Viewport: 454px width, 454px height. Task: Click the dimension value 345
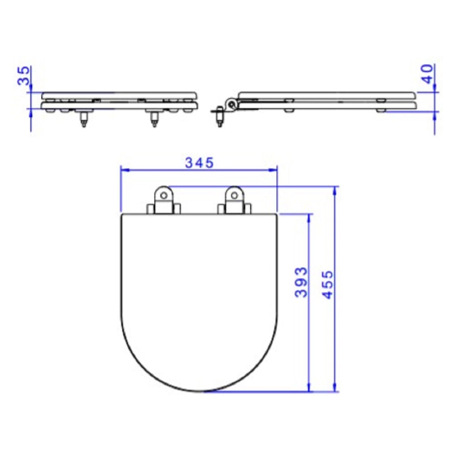199,163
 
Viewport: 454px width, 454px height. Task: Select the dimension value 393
301,282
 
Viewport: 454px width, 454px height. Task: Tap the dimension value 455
328,285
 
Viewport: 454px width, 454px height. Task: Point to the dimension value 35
24,75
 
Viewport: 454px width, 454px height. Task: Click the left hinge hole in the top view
164,195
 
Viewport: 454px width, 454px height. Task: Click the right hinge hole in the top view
234,195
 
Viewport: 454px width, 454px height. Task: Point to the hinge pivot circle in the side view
232,104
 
